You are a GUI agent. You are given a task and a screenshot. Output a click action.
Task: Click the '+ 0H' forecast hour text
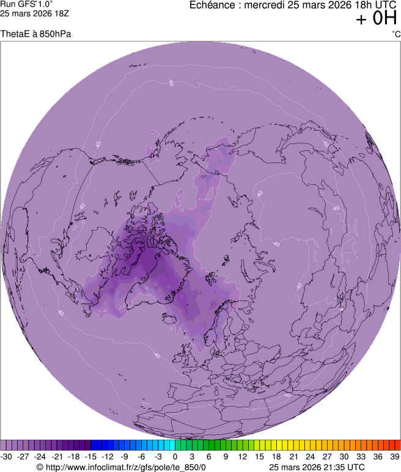377,19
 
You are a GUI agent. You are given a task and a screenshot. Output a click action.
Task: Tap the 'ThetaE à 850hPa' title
36,34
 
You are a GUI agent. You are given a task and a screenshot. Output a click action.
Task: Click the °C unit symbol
395,34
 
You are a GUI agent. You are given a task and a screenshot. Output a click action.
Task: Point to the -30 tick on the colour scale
7,456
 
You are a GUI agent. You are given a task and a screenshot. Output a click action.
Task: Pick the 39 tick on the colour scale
394,456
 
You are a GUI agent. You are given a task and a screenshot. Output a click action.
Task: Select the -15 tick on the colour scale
91,456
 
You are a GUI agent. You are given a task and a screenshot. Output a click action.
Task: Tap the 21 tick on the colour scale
293,456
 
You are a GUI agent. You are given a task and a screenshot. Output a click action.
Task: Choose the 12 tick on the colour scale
243,456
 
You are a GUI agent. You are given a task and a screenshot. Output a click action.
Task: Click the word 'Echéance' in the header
212,5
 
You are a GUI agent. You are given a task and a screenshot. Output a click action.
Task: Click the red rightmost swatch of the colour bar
397,445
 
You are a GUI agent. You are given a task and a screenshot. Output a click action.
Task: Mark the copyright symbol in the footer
40,467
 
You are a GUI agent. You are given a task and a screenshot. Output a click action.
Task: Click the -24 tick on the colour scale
40,456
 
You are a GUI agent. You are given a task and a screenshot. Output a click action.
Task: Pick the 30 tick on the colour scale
344,456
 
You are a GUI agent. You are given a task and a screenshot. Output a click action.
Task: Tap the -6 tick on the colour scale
142,456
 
